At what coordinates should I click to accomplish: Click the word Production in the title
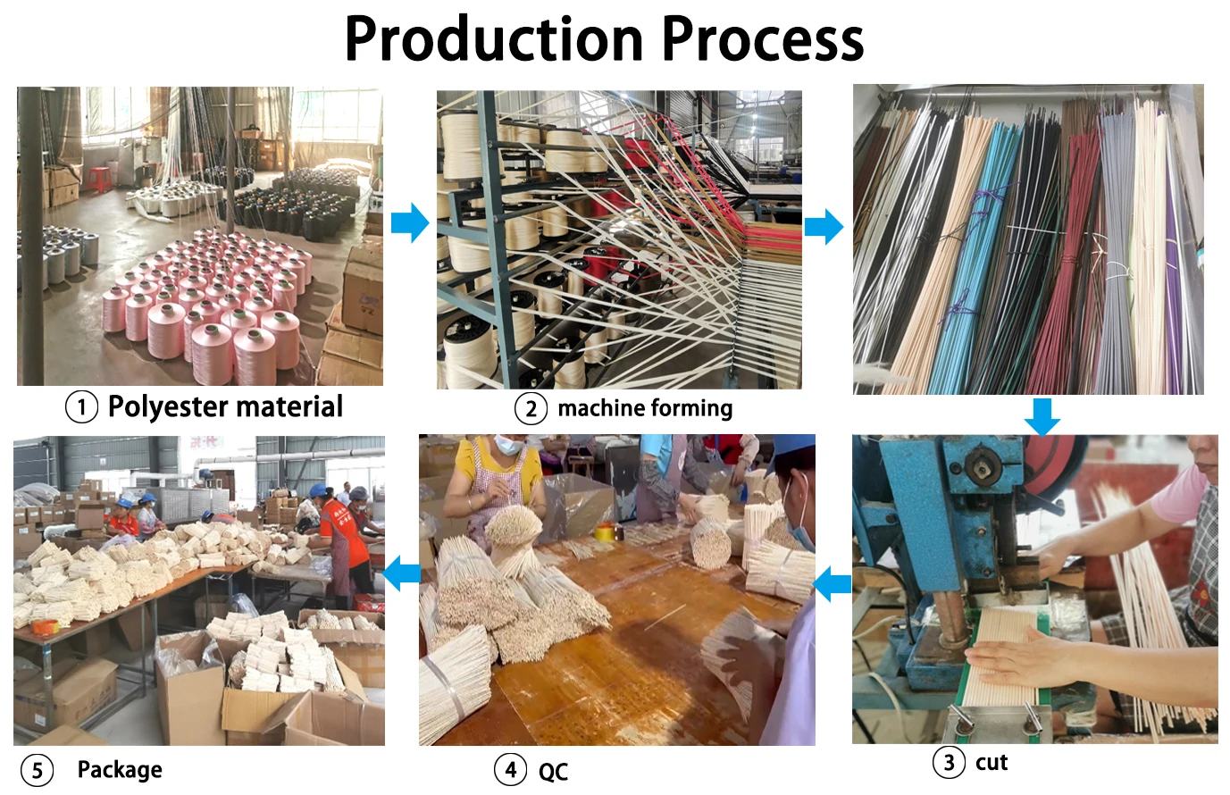tap(493, 39)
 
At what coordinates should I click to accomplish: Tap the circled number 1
tap(81, 408)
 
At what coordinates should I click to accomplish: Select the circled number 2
tap(531, 409)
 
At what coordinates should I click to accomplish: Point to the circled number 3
tap(949, 762)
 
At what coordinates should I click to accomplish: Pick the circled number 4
tap(510, 769)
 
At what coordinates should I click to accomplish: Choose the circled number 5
tap(37, 771)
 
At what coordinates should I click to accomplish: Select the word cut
tap(992, 762)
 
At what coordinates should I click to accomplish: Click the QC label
tap(553, 772)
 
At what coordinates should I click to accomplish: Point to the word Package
tap(120, 769)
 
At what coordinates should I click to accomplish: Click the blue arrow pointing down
tap(1041, 416)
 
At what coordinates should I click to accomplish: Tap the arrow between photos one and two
tap(410, 222)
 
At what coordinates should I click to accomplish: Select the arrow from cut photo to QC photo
tap(833, 586)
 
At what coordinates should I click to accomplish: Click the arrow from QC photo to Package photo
tap(402, 573)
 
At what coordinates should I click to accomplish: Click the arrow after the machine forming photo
tap(824, 226)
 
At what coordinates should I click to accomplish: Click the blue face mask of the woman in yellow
tap(510, 444)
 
